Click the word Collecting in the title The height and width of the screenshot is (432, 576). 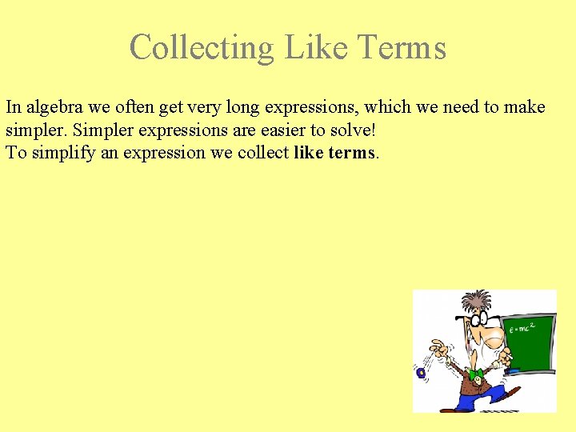tap(202, 47)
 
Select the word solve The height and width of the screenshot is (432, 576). tap(344, 130)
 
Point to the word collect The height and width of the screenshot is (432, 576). tap(263, 152)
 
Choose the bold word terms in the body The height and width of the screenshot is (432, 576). tap(351, 152)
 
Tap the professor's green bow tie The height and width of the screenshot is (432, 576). tap(475, 374)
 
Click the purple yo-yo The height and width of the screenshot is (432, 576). tap(421, 373)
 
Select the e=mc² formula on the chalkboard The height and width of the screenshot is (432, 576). tap(524, 327)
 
